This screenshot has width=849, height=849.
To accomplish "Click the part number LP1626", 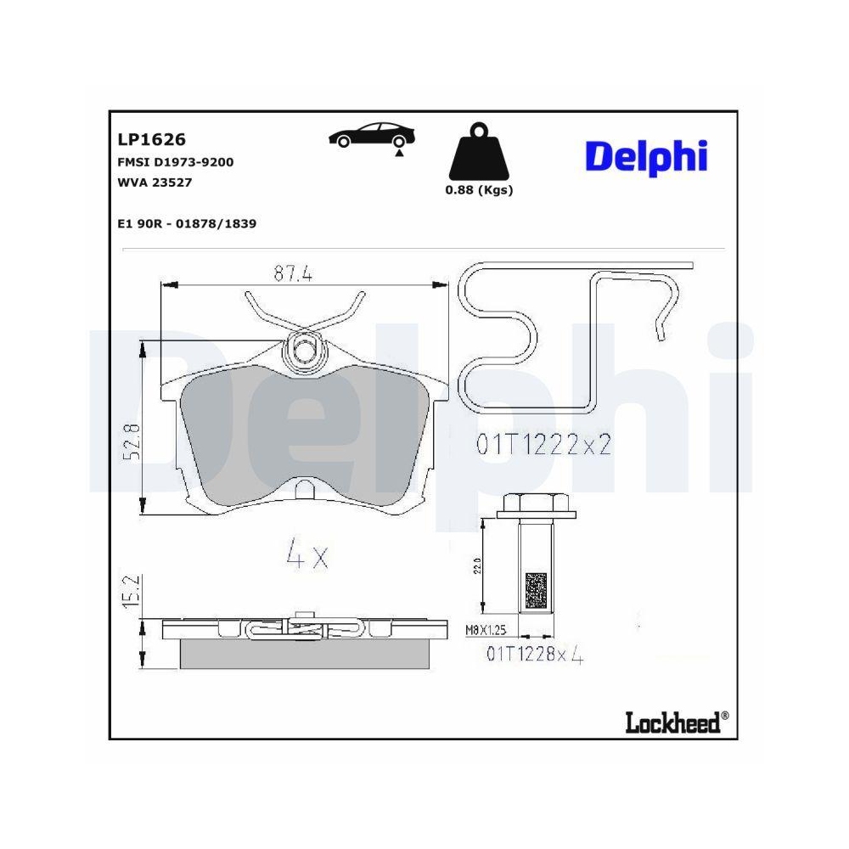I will click(150, 139).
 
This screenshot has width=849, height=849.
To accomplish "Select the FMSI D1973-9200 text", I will click(175, 161).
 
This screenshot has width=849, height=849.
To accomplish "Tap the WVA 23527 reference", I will click(155, 182).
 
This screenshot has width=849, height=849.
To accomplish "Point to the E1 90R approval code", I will click(187, 223).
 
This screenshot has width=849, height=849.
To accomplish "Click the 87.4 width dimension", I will click(294, 273).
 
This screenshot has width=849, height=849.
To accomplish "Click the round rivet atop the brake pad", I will click(303, 349).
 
